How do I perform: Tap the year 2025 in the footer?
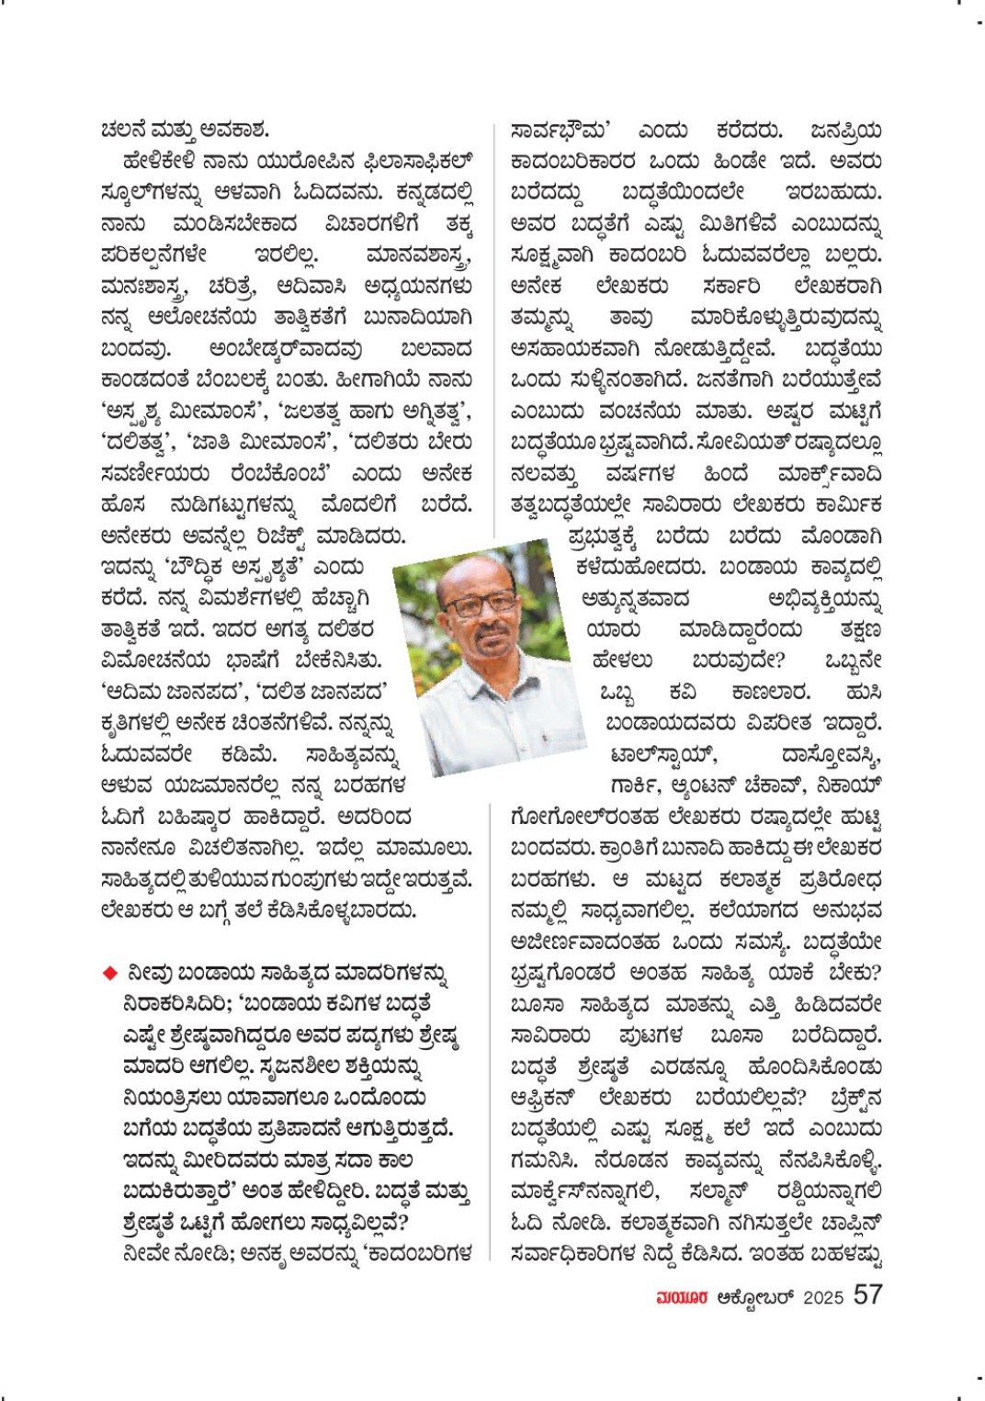click(x=822, y=1297)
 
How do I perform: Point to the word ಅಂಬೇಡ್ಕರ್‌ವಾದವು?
click(x=286, y=349)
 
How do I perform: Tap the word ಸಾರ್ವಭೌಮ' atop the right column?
click(x=561, y=130)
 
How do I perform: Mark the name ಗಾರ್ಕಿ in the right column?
click(x=634, y=786)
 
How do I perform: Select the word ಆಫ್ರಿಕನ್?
click(x=543, y=1097)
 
